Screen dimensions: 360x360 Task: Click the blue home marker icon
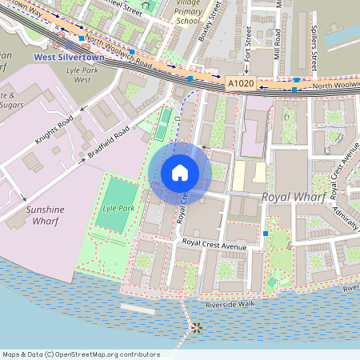[180, 172]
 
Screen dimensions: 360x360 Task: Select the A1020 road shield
[240, 82]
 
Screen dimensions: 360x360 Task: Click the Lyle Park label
[118, 208]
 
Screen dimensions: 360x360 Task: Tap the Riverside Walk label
[229, 305]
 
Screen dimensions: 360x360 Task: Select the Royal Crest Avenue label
[214, 243]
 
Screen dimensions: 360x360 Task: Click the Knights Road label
[54, 129]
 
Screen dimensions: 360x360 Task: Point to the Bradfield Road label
[109, 142]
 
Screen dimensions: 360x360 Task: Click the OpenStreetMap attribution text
[80, 354]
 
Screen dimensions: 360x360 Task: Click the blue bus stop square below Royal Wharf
[265, 233]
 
